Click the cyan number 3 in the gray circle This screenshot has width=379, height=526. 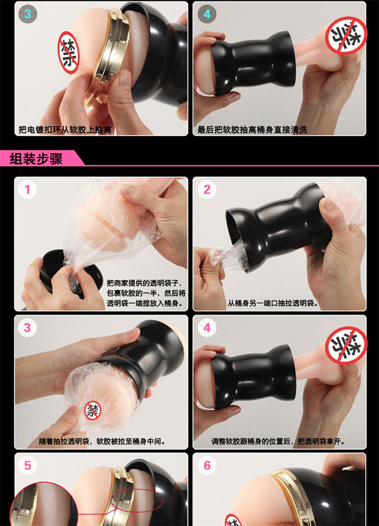(27, 14)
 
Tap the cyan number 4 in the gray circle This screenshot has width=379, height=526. (207, 14)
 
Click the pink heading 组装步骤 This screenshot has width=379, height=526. (36, 158)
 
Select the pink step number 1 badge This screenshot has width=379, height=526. (27, 190)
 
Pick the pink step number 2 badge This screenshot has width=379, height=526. (207, 190)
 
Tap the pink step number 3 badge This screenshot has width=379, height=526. (27, 328)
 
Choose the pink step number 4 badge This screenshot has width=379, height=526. (207, 328)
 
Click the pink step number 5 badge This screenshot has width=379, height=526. (27, 465)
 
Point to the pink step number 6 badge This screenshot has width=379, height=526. (207, 465)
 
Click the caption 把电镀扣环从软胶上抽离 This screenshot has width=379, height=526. (65, 130)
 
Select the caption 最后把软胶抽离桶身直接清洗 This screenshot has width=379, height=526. (252, 130)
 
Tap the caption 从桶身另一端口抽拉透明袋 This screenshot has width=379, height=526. (272, 303)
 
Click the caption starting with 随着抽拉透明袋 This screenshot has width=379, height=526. (102, 442)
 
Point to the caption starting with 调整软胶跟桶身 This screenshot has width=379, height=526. (278, 442)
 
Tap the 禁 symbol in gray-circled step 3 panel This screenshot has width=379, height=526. (69, 53)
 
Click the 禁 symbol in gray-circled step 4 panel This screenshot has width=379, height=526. (346, 35)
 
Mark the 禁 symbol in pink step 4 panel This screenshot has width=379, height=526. (346, 346)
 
